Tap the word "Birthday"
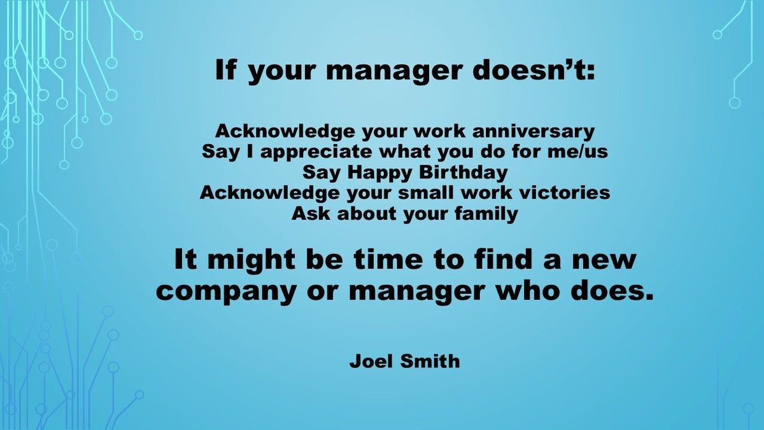pos(453,173)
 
